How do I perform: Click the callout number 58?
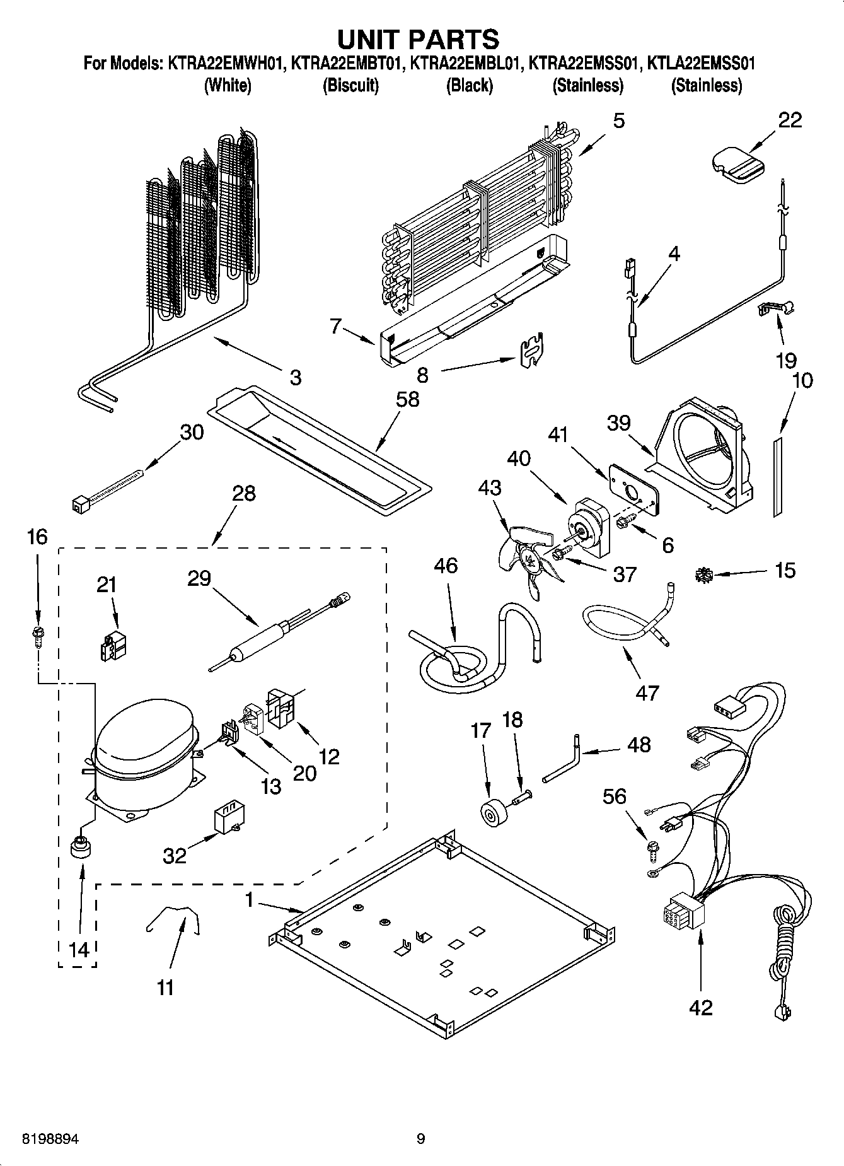click(408, 399)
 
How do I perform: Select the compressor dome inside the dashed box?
click(144, 732)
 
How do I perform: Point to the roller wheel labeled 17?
click(490, 813)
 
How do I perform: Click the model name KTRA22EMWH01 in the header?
click(226, 64)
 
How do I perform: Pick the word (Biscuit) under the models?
click(350, 85)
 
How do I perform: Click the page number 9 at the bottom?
click(420, 1138)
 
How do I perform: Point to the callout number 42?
click(700, 1007)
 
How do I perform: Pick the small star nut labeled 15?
click(705, 574)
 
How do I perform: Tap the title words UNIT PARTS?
click(418, 39)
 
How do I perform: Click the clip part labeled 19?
click(775, 309)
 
